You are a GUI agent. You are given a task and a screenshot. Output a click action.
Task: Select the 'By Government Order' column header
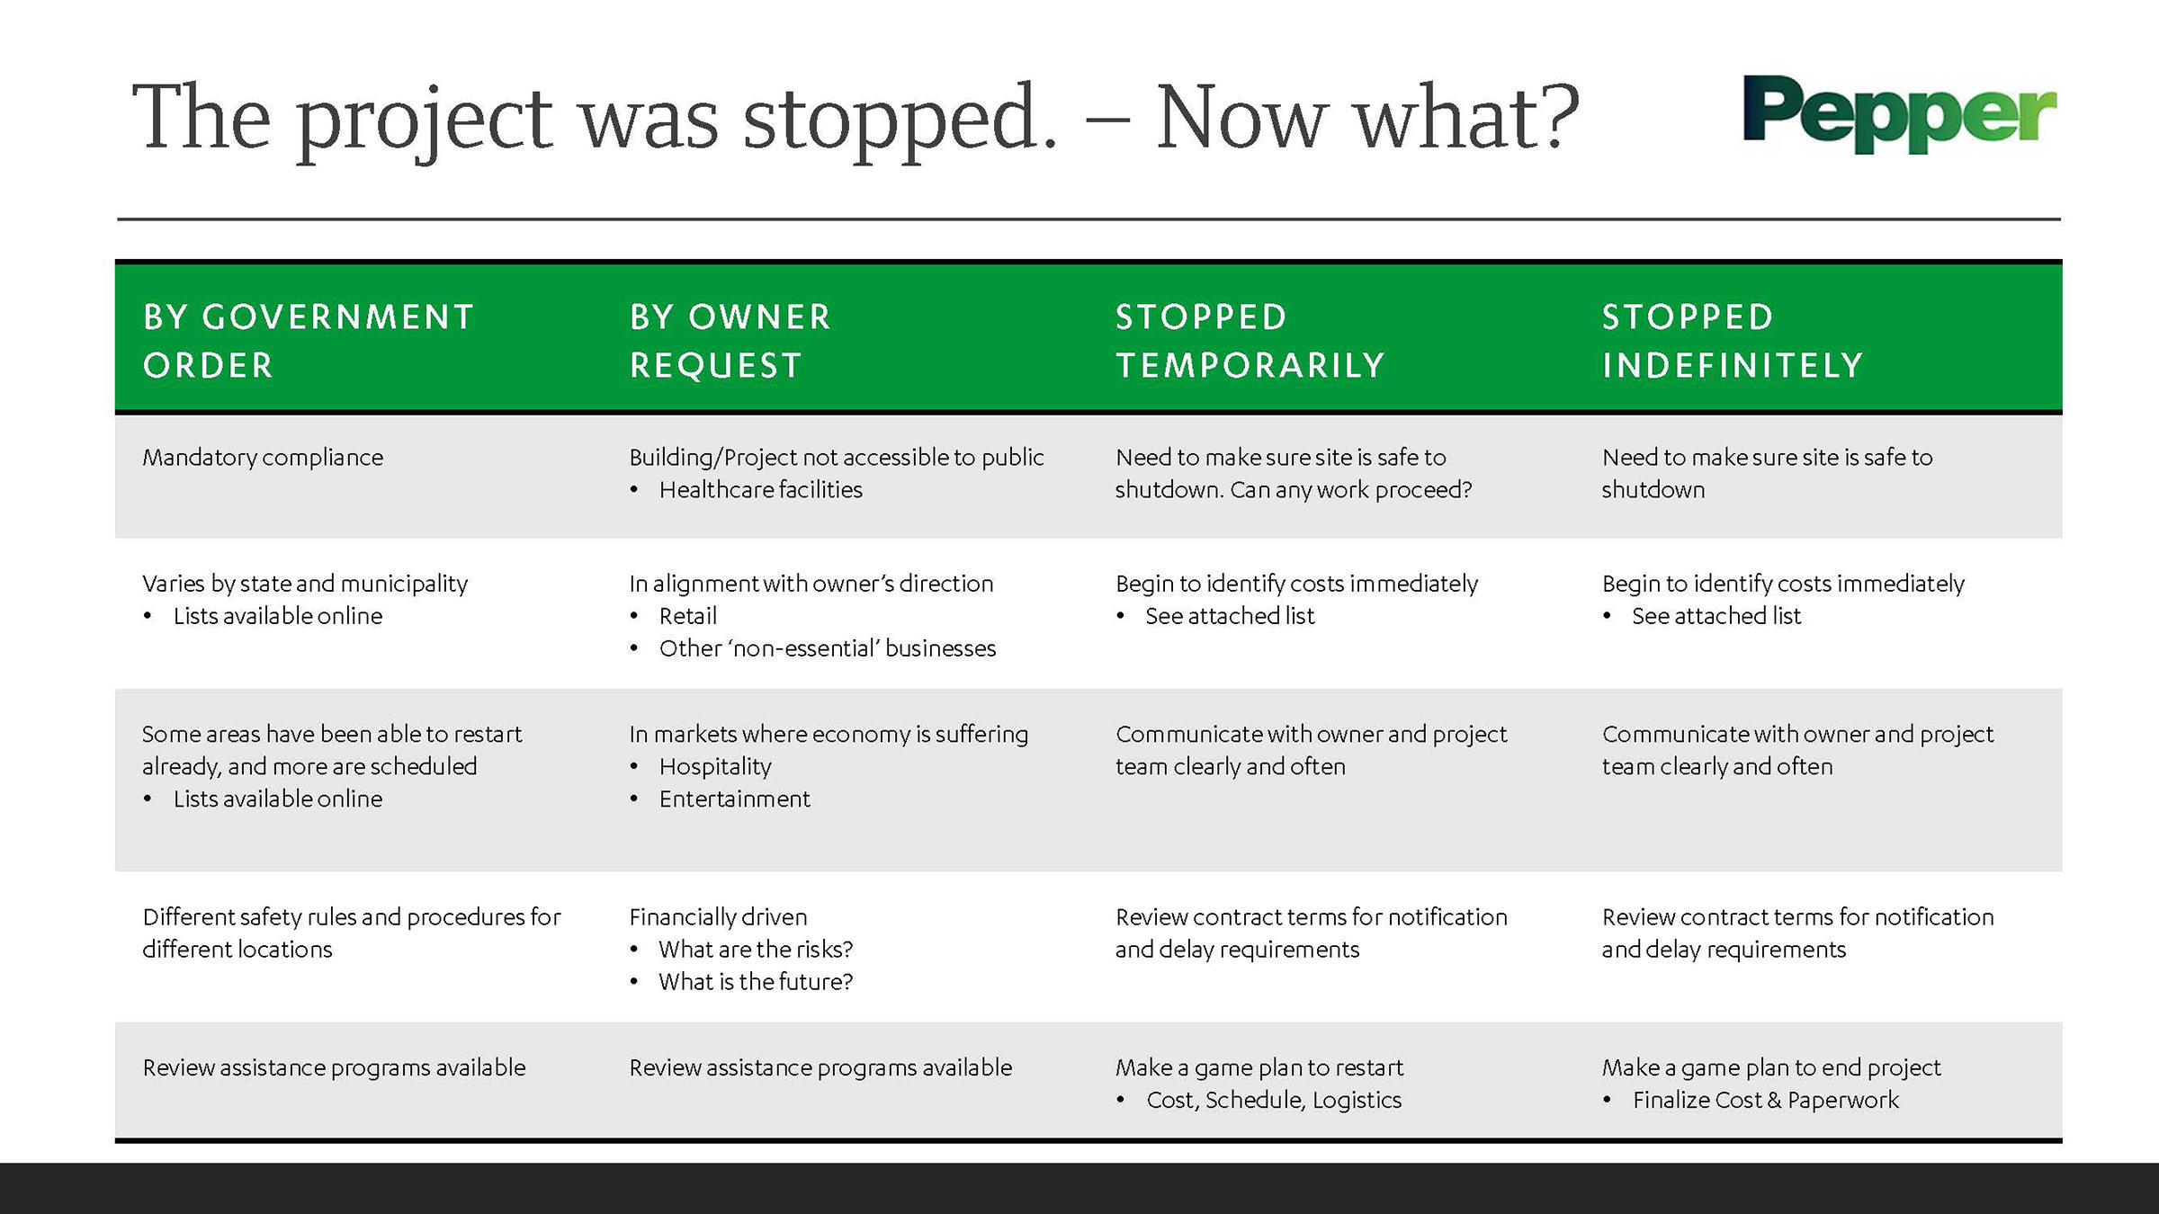coord(309,341)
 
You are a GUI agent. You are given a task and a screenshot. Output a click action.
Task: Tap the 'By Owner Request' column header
coord(730,341)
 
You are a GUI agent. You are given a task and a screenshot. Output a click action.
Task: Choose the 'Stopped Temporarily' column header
coord(1250,341)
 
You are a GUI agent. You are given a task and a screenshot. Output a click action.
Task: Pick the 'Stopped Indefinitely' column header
coord(1733,341)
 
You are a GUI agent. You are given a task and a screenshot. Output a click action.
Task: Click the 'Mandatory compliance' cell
coord(263,458)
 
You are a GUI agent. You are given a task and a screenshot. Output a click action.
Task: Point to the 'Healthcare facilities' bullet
coord(761,490)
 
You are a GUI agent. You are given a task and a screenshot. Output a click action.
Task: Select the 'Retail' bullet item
coord(688,616)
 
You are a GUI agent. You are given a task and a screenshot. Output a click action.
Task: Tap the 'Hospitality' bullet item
coord(715,767)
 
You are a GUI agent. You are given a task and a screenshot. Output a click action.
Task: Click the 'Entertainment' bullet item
coord(735,799)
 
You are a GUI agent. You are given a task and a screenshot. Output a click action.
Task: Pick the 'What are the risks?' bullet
coord(756,950)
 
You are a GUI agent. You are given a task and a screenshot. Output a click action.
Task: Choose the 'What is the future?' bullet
coord(756,982)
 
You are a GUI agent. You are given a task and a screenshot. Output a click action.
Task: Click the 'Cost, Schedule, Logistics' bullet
coord(1274,1101)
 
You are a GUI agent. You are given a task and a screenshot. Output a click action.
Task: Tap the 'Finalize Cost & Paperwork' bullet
coord(1766,1101)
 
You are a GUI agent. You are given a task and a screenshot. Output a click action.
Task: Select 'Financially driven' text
coord(718,917)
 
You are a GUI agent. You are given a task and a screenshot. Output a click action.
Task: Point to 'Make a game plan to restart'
coord(1259,1068)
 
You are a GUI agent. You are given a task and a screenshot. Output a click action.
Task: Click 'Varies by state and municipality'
coord(305,585)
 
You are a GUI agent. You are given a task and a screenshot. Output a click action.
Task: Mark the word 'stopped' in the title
coord(900,120)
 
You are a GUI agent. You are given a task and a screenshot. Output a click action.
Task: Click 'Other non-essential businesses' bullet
coord(828,648)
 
